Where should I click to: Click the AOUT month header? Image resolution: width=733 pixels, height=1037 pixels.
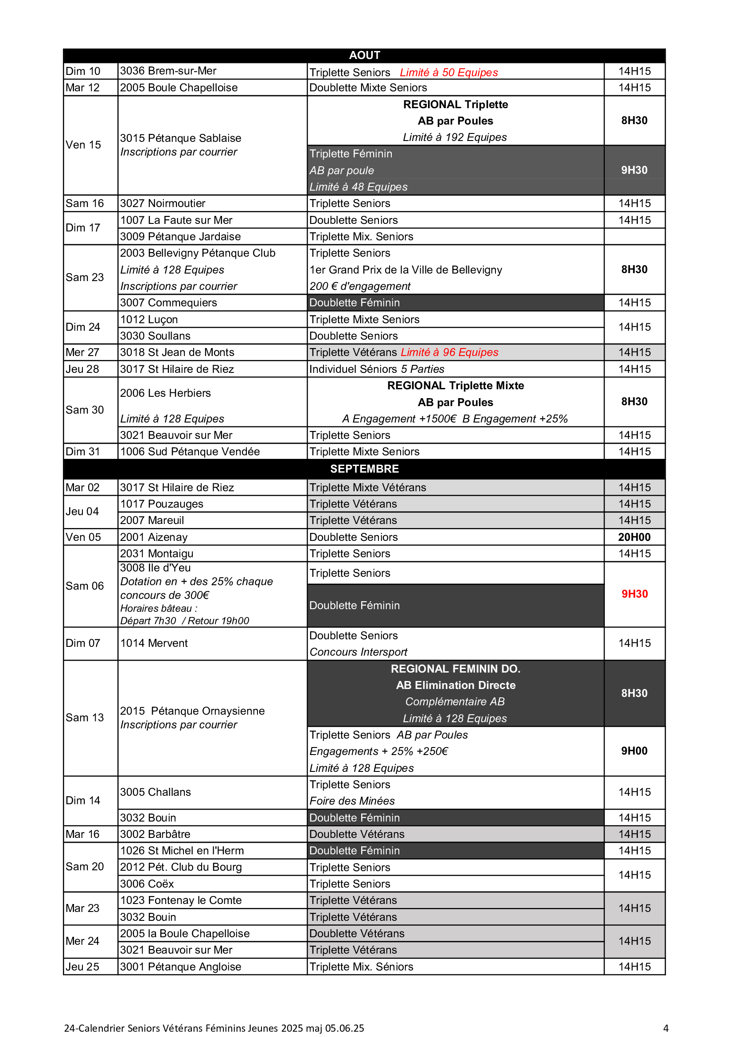pos(364,55)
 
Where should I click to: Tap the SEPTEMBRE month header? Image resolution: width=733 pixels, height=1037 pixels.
pos(364,469)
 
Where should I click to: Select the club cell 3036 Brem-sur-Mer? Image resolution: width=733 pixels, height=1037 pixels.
pos(168,71)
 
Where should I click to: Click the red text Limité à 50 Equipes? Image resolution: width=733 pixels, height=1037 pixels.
pos(448,72)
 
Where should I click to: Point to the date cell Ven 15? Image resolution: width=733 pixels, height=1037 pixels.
pos(83,145)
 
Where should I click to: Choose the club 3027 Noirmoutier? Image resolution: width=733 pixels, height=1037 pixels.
pos(163,203)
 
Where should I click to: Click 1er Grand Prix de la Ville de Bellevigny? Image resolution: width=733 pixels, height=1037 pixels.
pos(405,270)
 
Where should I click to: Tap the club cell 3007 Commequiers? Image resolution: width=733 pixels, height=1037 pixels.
pos(168,303)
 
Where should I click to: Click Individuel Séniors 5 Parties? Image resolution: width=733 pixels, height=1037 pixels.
pos(376,369)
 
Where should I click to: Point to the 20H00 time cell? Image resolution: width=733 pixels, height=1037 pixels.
pos(634,537)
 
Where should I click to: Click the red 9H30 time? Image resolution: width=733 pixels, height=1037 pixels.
pos(635,594)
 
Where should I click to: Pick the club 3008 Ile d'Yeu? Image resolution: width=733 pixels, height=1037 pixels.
pos(155,568)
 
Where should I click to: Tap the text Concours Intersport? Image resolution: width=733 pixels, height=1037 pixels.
pos(359,652)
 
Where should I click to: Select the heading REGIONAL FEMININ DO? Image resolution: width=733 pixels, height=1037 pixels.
pos(456,669)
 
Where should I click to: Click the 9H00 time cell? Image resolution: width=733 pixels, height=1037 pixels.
pos(634,751)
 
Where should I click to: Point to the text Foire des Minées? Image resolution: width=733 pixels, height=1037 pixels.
pos(352,801)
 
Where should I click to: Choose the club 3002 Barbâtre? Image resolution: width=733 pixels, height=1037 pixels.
pos(155,834)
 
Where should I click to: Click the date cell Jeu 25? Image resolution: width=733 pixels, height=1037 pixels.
pos(82,967)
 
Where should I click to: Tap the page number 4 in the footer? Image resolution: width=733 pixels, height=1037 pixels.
pos(666,1028)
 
